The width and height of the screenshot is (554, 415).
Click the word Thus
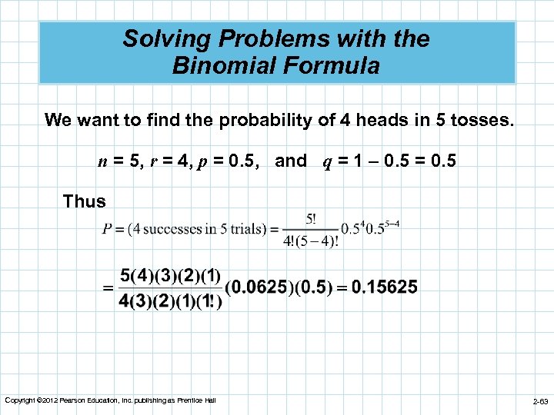coord(85,201)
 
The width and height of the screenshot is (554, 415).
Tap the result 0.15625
coord(385,287)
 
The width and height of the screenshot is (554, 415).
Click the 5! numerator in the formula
coord(310,219)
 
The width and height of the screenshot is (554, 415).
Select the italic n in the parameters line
coord(102,161)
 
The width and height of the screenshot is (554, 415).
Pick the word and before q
coord(290,161)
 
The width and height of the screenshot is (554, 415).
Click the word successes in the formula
coord(170,229)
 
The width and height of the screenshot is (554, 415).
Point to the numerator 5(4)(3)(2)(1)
coord(171,275)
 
